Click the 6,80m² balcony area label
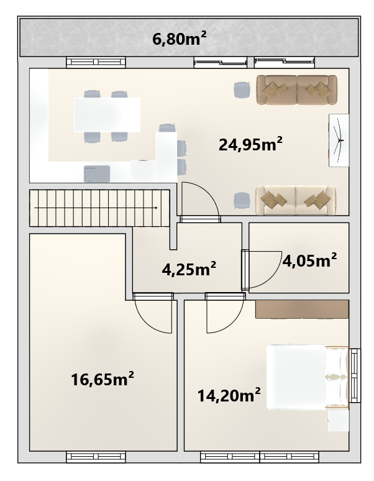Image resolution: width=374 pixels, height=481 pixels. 180,39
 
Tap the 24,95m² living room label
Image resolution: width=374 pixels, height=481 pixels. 250,144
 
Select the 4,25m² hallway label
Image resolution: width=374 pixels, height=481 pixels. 189,268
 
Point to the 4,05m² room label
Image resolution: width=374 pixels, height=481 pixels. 309,260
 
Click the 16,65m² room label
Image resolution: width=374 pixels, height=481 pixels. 103,378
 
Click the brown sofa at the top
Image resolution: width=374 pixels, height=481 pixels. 296,90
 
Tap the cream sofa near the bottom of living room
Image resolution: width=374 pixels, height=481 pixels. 296,199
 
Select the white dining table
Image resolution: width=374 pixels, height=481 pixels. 107,115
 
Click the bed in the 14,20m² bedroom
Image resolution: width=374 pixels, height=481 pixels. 308,377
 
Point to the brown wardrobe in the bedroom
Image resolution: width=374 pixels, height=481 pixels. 302,309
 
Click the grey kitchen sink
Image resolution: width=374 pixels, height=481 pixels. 97,173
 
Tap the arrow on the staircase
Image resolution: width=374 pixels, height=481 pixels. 96,208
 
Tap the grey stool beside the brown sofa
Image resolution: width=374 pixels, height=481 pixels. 242,90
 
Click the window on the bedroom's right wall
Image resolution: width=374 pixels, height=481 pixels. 355,375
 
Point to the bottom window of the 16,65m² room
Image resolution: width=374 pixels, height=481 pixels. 96,457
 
